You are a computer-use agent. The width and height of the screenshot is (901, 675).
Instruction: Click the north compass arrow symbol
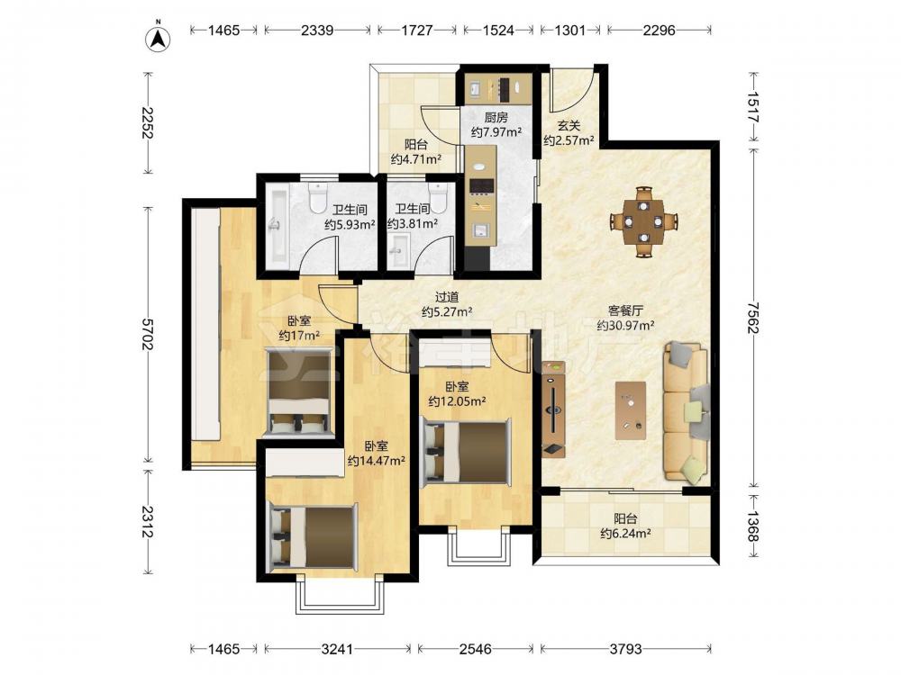[x=158, y=37]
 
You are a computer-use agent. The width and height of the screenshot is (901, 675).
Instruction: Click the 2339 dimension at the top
[x=317, y=30]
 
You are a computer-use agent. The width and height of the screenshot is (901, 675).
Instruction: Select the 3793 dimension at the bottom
[x=626, y=649]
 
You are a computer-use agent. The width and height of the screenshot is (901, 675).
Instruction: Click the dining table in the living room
[x=644, y=221]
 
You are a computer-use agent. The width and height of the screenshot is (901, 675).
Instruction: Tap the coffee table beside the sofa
[x=631, y=410]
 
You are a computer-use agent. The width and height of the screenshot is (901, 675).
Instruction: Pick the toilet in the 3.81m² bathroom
[x=438, y=197]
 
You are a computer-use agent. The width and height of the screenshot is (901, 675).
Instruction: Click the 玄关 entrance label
[x=569, y=125]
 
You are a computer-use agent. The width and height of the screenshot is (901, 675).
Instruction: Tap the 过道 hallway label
[x=447, y=297]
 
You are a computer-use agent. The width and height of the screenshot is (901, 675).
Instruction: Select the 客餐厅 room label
[x=625, y=310]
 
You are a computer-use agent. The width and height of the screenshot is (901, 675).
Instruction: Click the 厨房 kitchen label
[x=496, y=118]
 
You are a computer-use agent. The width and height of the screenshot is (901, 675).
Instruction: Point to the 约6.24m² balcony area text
[x=626, y=534]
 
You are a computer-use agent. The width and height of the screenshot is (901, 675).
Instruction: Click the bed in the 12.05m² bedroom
[x=466, y=451]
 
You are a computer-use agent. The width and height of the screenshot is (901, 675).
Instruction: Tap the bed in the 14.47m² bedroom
[x=314, y=536]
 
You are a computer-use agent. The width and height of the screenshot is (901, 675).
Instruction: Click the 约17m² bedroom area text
[x=299, y=335]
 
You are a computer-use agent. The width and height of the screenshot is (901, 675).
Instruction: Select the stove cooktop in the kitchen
[x=481, y=185]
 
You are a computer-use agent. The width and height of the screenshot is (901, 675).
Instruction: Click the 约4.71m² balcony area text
[x=416, y=159]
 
